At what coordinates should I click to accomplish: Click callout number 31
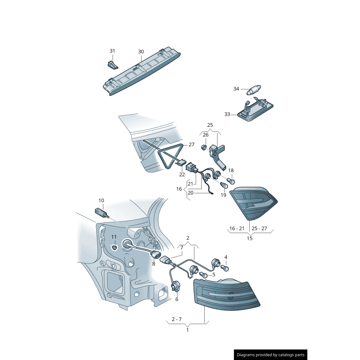[x=112, y=51]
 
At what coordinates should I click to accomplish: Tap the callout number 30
[x=141, y=52]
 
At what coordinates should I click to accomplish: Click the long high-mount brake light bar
[x=142, y=72]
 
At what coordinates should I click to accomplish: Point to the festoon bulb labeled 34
[x=256, y=89]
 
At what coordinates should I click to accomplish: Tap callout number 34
[x=236, y=89]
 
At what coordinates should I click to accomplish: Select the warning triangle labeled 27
[x=170, y=155]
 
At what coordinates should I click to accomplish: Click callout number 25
[x=210, y=125]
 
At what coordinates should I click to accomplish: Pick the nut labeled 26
[x=204, y=147]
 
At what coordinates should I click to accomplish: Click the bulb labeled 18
[x=231, y=181]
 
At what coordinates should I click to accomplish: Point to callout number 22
[x=182, y=175]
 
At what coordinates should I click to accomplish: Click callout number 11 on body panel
[x=114, y=237]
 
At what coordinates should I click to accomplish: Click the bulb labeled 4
[x=226, y=268]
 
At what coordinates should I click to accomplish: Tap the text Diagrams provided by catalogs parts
[x=270, y=355]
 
